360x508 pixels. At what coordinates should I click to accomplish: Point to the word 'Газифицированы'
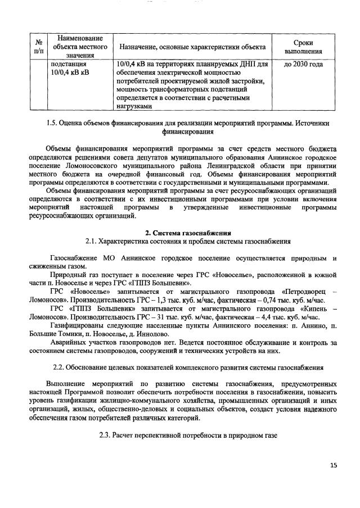pos(77,325)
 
